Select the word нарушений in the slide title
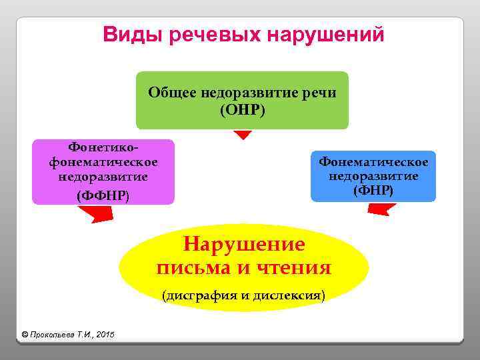click(325, 34)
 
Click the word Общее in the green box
click(173, 92)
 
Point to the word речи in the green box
click(319, 92)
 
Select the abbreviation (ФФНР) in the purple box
click(103, 195)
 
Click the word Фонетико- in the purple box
click(103, 147)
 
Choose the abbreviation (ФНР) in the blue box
click(373, 191)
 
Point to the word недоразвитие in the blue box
click(373, 176)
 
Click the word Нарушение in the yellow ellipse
click(244, 244)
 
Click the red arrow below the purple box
click(97, 214)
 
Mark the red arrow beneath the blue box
click(381, 209)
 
